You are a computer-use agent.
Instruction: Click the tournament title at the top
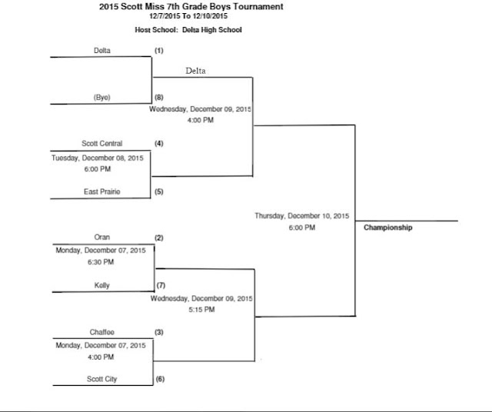tap(191, 7)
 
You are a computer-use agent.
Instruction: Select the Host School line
tap(188, 30)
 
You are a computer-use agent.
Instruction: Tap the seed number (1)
tap(159, 51)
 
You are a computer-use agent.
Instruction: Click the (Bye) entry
tap(102, 98)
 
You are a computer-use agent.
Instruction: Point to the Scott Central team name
tap(102, 144)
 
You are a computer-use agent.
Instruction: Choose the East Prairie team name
tap(102, 191)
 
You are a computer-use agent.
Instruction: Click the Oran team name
tap(102, 237)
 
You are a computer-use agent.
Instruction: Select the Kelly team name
tap(102, 285)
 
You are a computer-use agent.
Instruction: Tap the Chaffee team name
tap(102, 332)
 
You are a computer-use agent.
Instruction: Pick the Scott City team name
tap(102, 379)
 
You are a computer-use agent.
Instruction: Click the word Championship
tap(387, 228)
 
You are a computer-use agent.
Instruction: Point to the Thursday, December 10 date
tap(302, 216)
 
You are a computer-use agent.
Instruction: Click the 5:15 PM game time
tap(201, 310)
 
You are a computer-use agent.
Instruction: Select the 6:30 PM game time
tap(101, 261)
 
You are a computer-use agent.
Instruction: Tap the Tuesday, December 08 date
tap(98, 158)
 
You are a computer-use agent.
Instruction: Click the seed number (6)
tap(160, 379)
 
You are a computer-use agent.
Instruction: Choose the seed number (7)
tap(161, 285)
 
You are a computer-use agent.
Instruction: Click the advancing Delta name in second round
tap(195, 71)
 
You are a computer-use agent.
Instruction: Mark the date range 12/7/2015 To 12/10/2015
tap(188, 16)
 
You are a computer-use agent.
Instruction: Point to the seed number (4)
tap(159, 144)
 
